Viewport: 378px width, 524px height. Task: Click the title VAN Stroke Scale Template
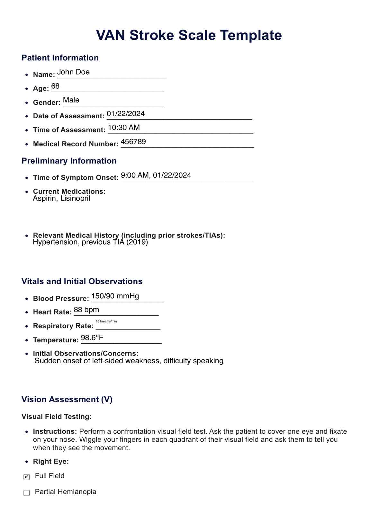tap(189, 35)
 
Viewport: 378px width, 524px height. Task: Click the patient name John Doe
tap(73, 72)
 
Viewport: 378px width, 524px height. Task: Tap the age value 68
tap(55, 86)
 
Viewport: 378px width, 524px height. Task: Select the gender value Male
tap(71, 100)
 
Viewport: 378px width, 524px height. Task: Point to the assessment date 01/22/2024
tap(126, 114)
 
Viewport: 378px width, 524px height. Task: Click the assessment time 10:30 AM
tap(124, 128)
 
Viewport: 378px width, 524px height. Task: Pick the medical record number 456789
tap(133, 141)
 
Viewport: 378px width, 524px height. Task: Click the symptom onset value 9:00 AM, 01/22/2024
tap(156, 175)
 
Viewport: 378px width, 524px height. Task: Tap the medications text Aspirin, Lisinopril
tap(61, 198)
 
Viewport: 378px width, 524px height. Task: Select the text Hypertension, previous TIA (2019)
tap(90, 242)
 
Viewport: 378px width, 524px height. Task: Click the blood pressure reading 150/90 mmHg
tap(115, 296)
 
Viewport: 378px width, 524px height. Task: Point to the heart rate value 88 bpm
tap(86, 310)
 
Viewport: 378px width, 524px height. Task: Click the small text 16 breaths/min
tap(106, 321)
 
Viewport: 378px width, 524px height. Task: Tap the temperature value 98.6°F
tap(92, 338)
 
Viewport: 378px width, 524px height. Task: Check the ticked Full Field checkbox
tap(27, 477)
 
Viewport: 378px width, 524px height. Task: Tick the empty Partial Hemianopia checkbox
tap(27, 493)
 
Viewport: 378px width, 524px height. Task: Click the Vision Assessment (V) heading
tap(67, 400)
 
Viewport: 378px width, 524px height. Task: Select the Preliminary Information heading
tap(69, 161)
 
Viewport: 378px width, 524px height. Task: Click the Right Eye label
tap(51, 462)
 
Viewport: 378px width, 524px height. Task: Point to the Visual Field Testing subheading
tap(57, 417)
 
